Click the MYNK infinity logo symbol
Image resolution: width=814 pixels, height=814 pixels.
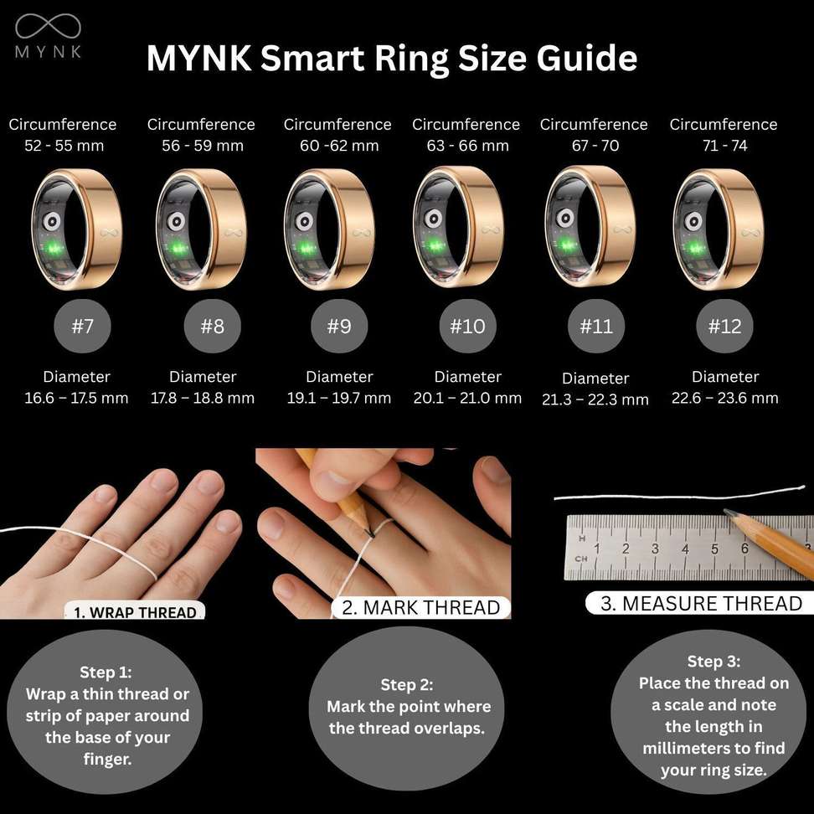click(x=48, y=26)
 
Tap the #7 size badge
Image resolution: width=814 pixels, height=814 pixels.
click(x=83, y=326)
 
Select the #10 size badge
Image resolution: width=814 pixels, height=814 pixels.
click(x=468, y=326)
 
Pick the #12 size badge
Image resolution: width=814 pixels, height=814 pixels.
click(x=724, y=326)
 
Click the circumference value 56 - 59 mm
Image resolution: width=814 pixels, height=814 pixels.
click(x=203, y=146)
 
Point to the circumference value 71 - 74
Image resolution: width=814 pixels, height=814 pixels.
click(x=724, y=146)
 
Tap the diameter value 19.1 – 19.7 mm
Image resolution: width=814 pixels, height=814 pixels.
click(x=339, y=398)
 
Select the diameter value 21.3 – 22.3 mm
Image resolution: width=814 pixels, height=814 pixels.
click(x=595, y=399)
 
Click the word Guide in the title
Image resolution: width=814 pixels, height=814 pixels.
click(x=586, y=58)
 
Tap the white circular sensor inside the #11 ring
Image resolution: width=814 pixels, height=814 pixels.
click(x=564, y=219)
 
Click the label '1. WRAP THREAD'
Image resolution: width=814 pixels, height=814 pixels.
click(x=135, y=611)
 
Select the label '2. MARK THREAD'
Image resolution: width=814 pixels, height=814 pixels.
click(x=421, y=607)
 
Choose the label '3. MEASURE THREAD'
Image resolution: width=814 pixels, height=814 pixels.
click(x=701, y=603)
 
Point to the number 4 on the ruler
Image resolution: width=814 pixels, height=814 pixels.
click(x=685, y=549)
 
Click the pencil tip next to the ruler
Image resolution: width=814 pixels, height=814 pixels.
click(x=726, y=512)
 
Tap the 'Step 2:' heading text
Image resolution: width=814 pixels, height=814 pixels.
click(x=407, y=685)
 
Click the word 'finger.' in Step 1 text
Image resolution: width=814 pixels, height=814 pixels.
click(x=107, y=759)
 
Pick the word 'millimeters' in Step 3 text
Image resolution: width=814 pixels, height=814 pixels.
click(x=680, y=748)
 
